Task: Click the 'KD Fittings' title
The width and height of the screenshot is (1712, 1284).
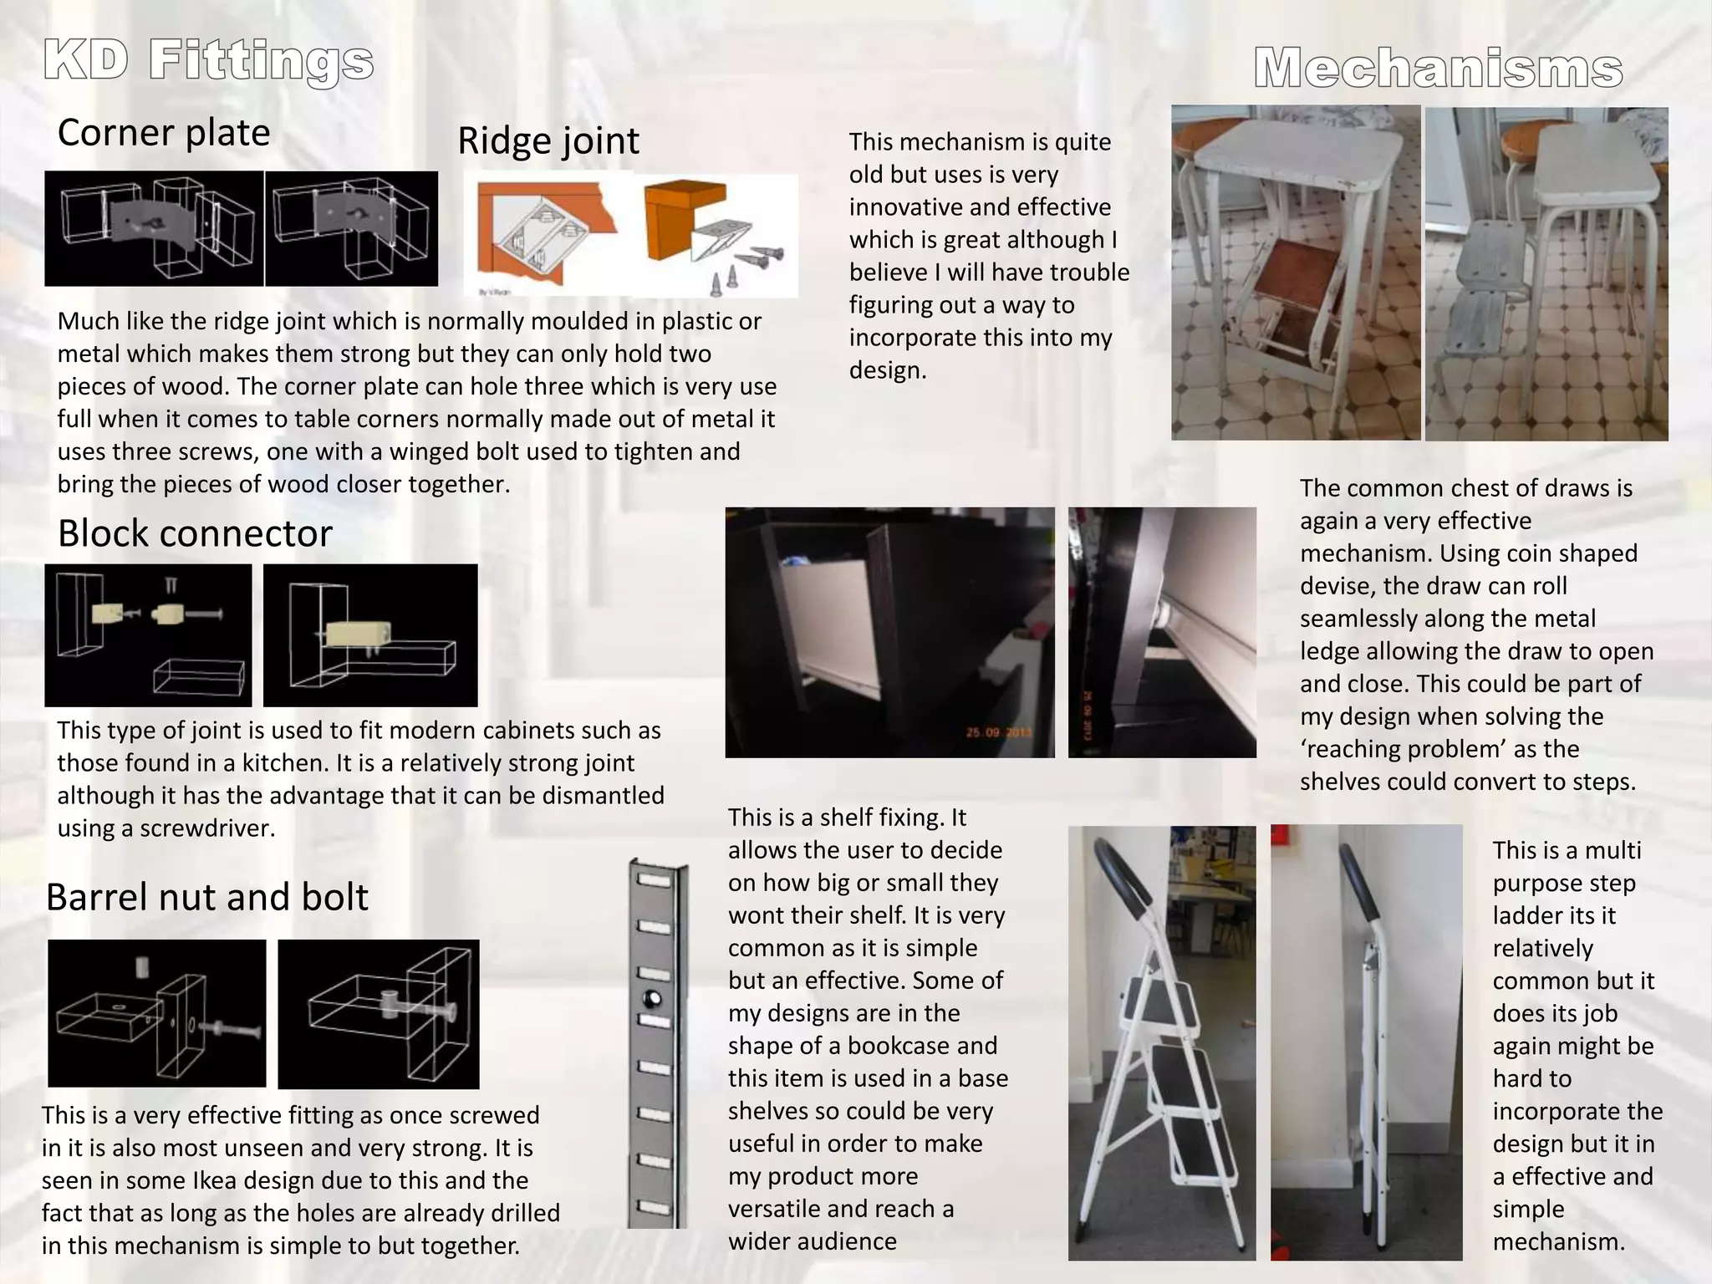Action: point(208,63)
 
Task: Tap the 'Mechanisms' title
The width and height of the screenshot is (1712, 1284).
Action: point(1439,68)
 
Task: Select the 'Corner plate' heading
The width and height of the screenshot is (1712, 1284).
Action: point(164,133)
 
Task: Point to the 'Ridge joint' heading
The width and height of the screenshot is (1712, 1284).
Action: point(548,141)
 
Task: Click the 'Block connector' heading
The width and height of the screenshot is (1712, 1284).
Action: point(195,533)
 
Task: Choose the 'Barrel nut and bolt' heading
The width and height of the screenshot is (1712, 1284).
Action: point(206,897)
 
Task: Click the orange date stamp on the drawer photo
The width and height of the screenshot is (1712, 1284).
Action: point(999,733)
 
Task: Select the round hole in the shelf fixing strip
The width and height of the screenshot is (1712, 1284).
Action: point(653,999)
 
